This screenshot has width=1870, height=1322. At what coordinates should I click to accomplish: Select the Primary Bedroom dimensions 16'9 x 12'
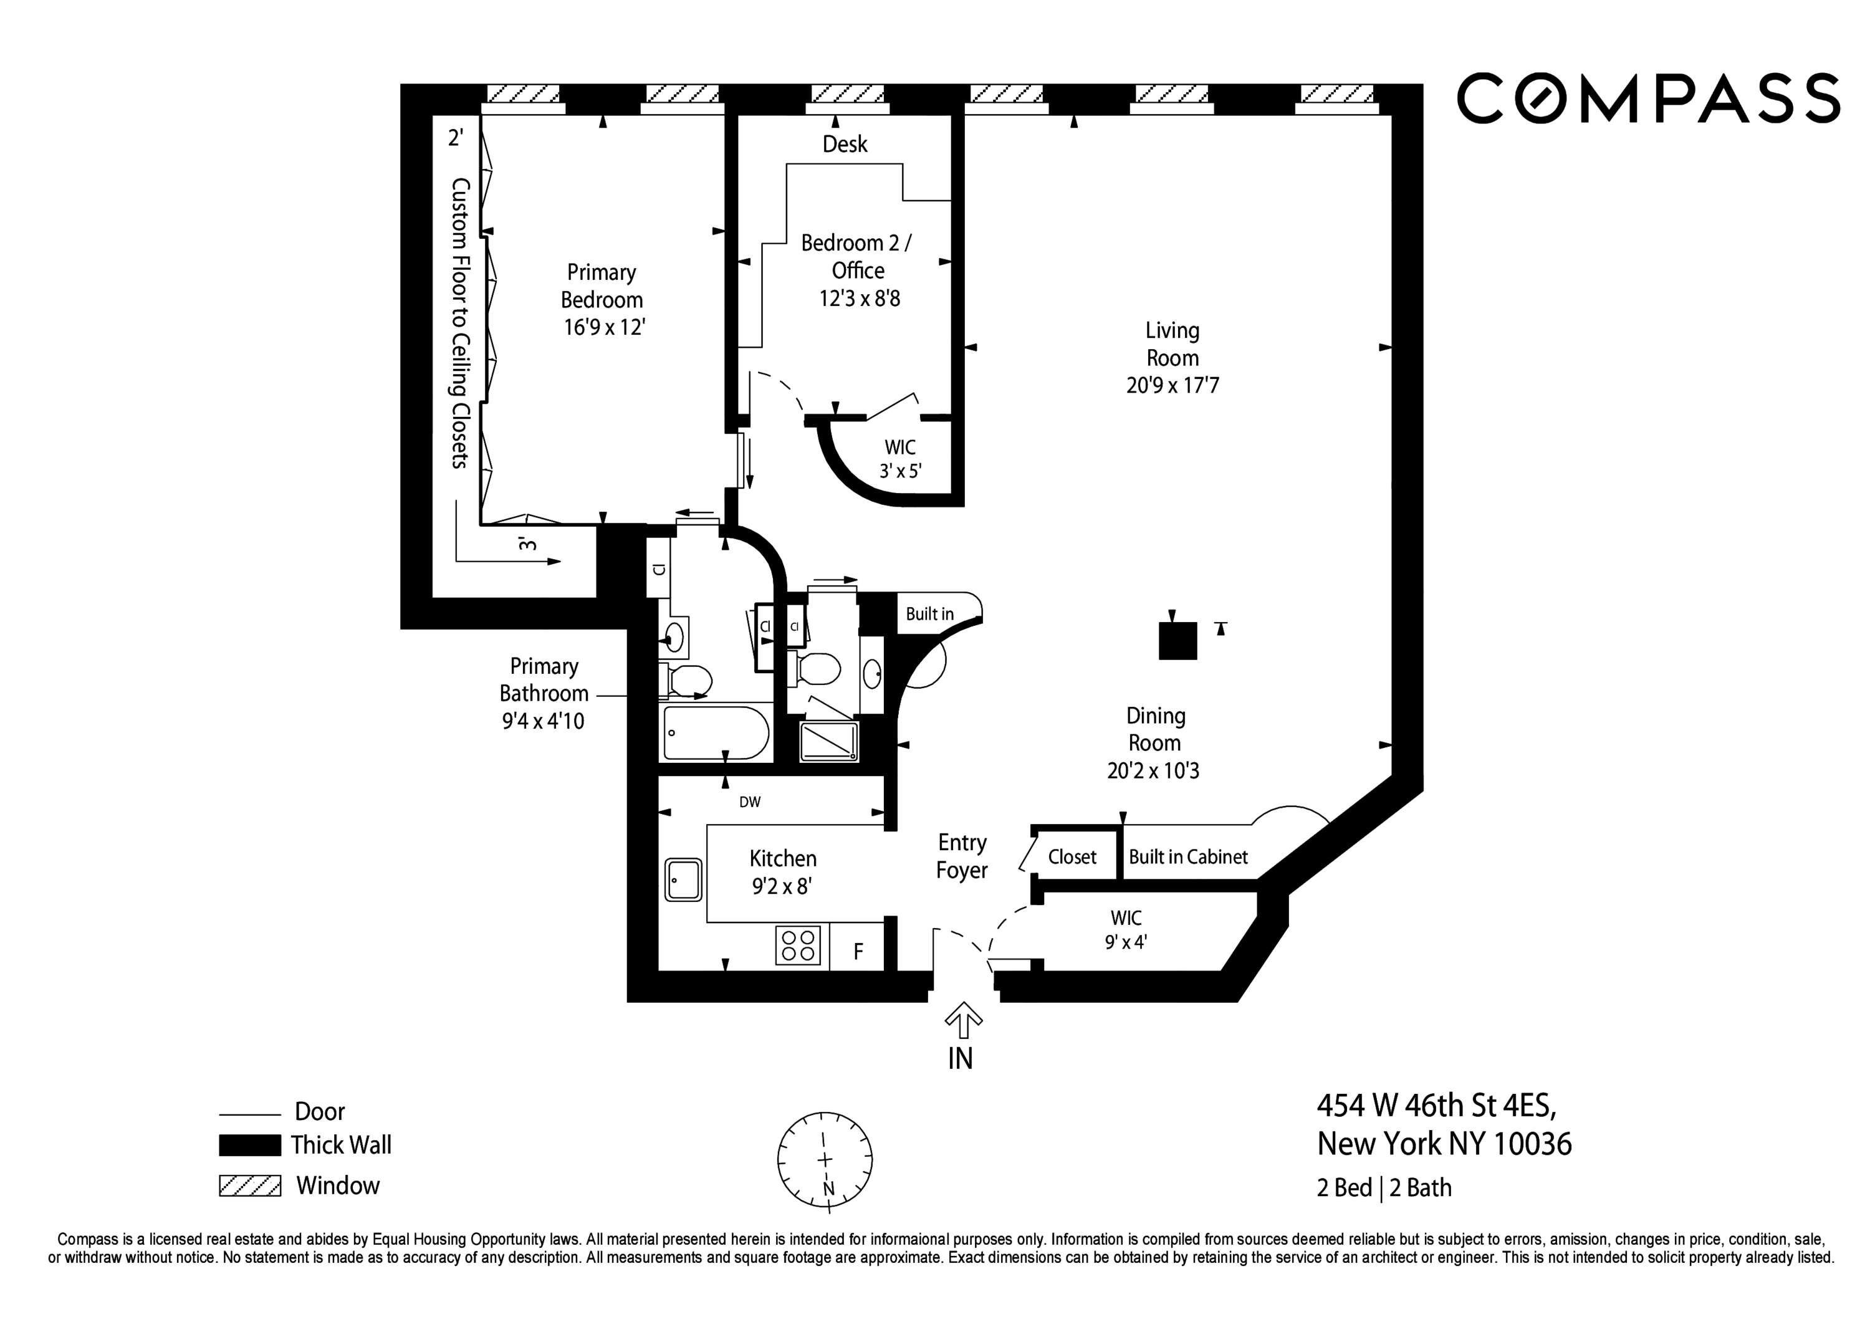(603, 327)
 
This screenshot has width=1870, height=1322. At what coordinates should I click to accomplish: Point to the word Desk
(845, 144)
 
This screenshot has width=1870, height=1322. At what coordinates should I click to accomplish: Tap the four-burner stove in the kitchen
(797, 946)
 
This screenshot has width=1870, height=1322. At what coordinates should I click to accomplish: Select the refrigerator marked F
(858, 951)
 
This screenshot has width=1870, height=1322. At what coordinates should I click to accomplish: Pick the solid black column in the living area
(1177, 640)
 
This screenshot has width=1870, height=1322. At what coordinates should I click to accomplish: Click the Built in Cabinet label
(1187, 857)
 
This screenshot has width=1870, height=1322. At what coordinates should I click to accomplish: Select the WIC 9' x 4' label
(1126, 929)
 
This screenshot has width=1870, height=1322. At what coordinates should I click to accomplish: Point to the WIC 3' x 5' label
(900, 459)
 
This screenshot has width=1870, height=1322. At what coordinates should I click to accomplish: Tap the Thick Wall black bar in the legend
(250, 1145)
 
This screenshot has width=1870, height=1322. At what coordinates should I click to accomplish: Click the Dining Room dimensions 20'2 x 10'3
(1153, 770)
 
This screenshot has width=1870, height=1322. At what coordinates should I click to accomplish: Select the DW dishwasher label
(749, 802)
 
